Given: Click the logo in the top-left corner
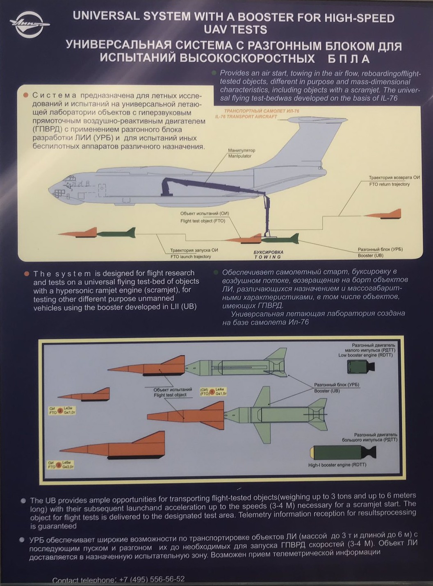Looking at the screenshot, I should tap(29, 24).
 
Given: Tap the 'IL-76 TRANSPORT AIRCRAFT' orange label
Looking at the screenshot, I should tap(246, 117).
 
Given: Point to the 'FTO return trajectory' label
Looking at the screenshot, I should tap(389, 184).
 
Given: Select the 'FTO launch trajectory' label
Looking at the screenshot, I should tap(191, 257).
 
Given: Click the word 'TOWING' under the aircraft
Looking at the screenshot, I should tap(268, 257).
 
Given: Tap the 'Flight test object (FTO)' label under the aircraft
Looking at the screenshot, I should tap(203, 221).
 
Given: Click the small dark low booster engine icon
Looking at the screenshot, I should tap(360, 367).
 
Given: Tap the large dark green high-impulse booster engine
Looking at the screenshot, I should tap(342, 452).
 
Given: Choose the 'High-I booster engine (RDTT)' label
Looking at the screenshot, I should tap(337, 465).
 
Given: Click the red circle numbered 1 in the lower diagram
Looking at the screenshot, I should tap(212, 392).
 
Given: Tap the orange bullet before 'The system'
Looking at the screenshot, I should tap(26, 274).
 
